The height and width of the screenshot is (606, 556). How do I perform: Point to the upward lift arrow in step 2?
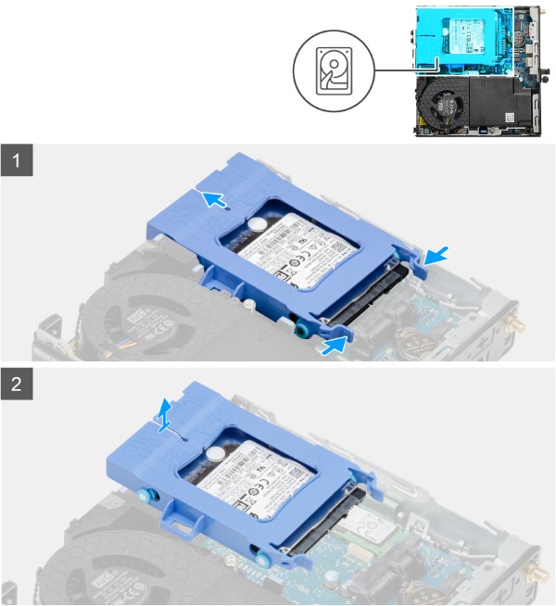pos(164,416)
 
